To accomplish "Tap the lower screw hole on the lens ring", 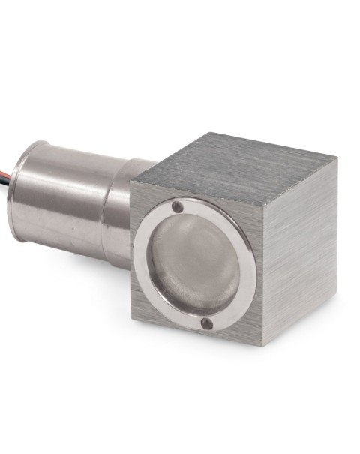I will [x=206, y=323].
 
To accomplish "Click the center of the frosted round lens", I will [x=196, y=265].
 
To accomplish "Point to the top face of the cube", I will [x=232, y=161].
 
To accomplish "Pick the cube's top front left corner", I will [x=130, y=182].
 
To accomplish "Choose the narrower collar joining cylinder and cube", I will [x=120, y=214].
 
